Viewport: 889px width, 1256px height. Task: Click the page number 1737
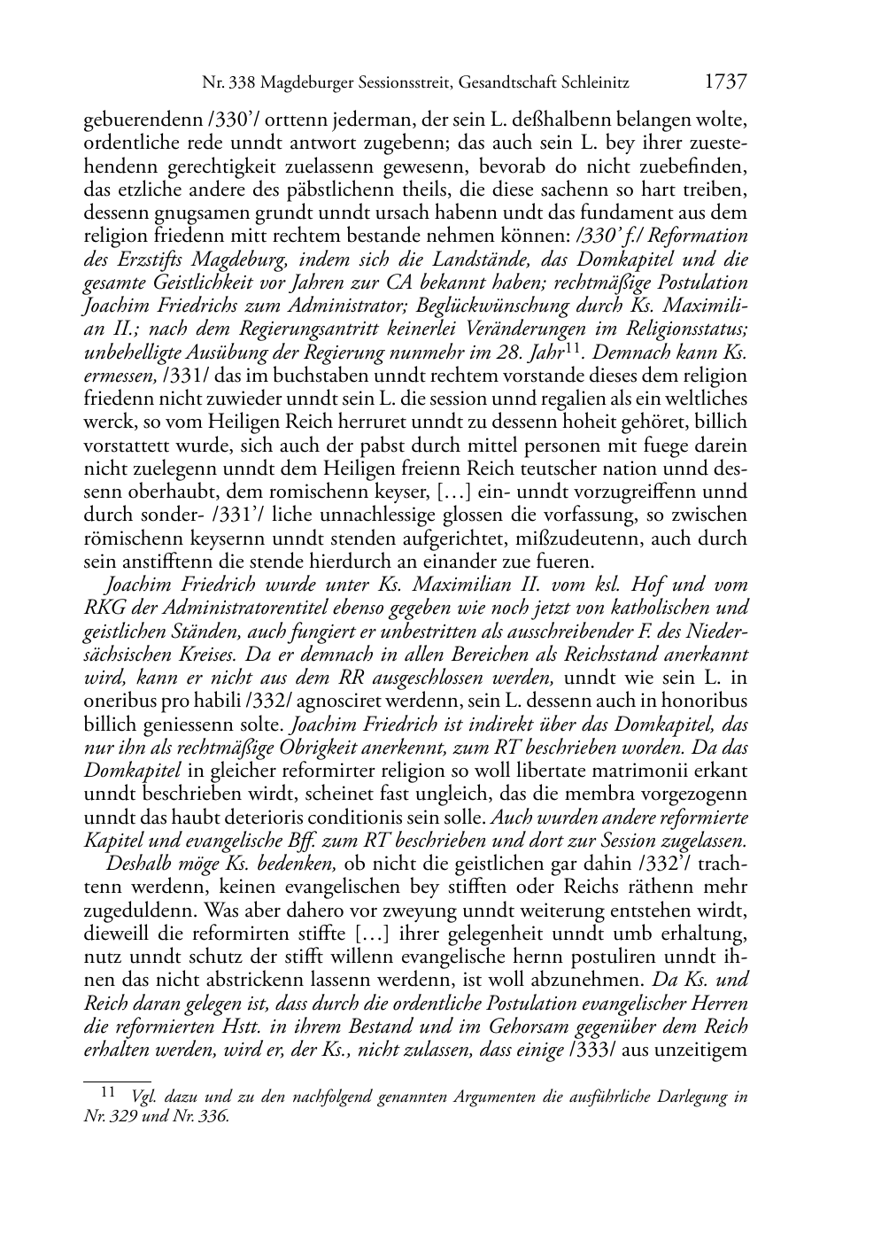pyautogui.click(x=726, y=83)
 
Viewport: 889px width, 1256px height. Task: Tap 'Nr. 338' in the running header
pyautogui.click(x=227, y=84)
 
